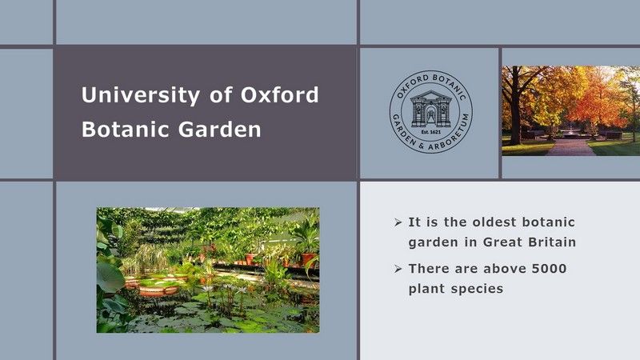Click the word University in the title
141,95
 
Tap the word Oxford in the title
279,94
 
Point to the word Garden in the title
219,129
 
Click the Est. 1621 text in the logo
431,132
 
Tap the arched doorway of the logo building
431,113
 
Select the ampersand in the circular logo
420,146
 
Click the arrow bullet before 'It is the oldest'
398,222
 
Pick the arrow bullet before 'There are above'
398,269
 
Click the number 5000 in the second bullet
550,269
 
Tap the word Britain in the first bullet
552,242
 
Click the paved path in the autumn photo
570,147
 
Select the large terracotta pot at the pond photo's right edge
308,259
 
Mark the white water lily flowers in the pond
226,290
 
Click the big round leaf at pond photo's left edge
110,277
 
